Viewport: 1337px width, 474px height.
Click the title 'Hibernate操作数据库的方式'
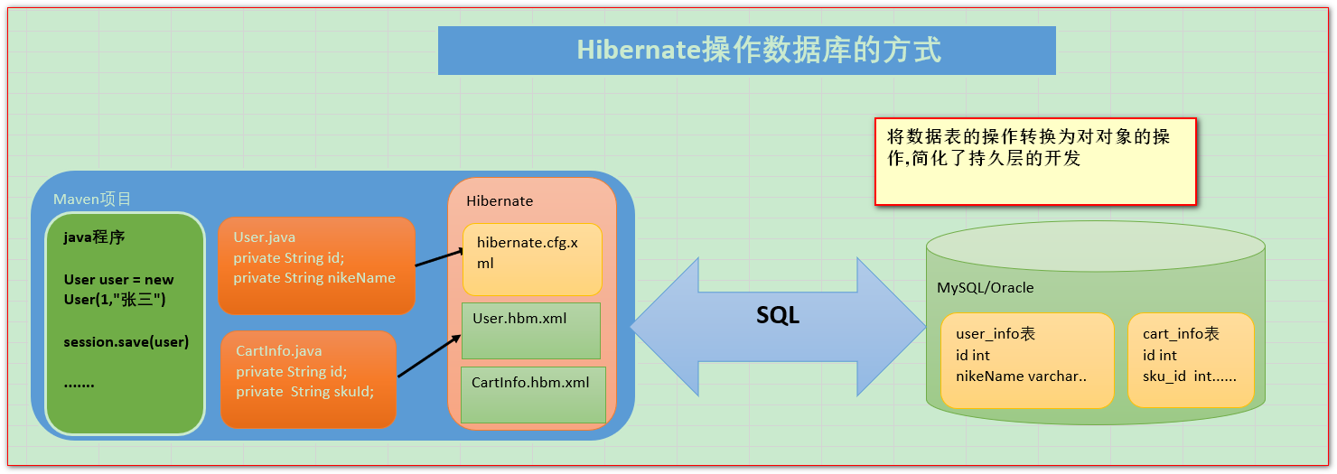pyautogui.click(x=758, y=50)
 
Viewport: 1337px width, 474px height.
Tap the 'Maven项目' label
pyautogui.click(x=92, y=200)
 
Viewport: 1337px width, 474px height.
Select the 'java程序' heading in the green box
pyautogui.click(x=94, y=237)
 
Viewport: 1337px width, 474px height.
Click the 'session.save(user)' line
pyautogui.click(x=126, y=342)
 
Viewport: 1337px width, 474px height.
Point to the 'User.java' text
pyautogui.click(x=264, y=237)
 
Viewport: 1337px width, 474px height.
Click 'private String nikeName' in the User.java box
pyautogui.click(x=314, y=278)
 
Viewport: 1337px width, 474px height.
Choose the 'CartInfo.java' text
pyautogui.click(x=278, y=350)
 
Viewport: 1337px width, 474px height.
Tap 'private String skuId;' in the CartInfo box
pyautogui.click(x=304, y=392)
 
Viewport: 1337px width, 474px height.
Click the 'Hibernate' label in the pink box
pyautogui.click(x=500, y=200)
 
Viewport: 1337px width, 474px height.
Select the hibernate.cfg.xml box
pyautogui.click(x=532, y=258)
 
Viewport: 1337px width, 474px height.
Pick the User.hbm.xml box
pyautogui.click(x=531, y=330)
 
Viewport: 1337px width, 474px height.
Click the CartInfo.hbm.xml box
pyautogui.click(x=533, y=394)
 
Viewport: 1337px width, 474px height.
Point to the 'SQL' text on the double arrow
pyautogui.click(x=777, y=316)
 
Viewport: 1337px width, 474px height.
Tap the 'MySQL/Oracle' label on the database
pyautogui.click(x=985, y=288)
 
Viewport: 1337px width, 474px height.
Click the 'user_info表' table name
pyautogui.click(x=996, y=334)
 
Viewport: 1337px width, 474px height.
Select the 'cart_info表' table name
pyautogui.click(x=1181, y=334)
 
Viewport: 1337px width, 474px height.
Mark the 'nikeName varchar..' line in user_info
pyautogui.click(x=1021, y=376)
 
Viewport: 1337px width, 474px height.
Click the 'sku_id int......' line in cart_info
pyautogui.click(x=1189, y=376)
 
